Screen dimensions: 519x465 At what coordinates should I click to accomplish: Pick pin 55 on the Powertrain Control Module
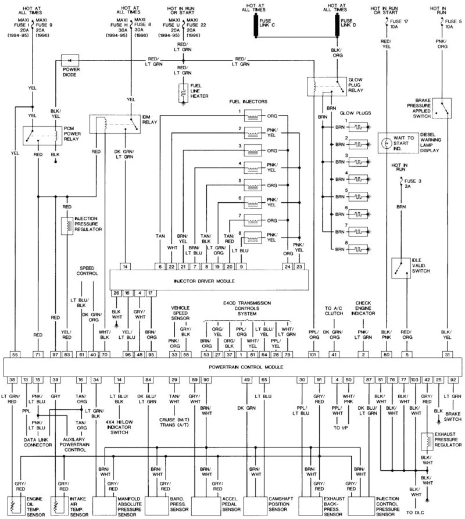click(15, 354)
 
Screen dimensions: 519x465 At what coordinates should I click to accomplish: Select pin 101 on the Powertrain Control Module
click(313, 354)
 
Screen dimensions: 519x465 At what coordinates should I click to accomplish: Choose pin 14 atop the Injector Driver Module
click(126, 266)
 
